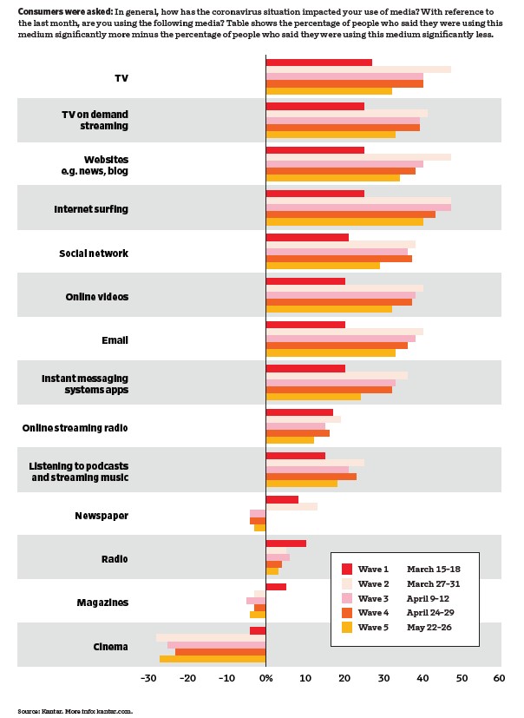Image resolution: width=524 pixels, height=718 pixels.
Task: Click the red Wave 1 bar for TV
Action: pos(318,63)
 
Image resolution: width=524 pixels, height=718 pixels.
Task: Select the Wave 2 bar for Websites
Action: pos(357,157)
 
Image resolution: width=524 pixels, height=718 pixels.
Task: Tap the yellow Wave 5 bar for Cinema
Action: pos(213,659)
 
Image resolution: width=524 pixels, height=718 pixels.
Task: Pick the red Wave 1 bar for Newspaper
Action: pos(282,499)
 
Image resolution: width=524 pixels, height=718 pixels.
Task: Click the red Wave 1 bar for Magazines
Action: pos(276,587)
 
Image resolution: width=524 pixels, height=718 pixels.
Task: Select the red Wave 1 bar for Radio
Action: pos(285,543)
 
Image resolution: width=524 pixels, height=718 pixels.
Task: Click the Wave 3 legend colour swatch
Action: pos(347,599)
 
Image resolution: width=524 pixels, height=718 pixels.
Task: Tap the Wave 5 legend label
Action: pos(373,627)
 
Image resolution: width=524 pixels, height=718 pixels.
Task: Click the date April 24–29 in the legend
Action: pos(434,613)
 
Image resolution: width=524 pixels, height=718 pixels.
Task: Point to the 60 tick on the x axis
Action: pos(498,678)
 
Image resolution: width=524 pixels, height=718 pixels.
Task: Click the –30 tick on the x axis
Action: pos(148,678)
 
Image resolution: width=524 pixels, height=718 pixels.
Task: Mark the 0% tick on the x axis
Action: pos(265,678)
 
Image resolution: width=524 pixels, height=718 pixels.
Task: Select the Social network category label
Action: pos(94,254)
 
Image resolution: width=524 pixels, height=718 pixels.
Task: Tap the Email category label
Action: pos(115,340)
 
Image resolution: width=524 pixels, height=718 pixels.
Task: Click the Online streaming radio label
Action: pos(75,428)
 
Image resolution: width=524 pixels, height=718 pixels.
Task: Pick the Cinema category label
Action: pos(110,646)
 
